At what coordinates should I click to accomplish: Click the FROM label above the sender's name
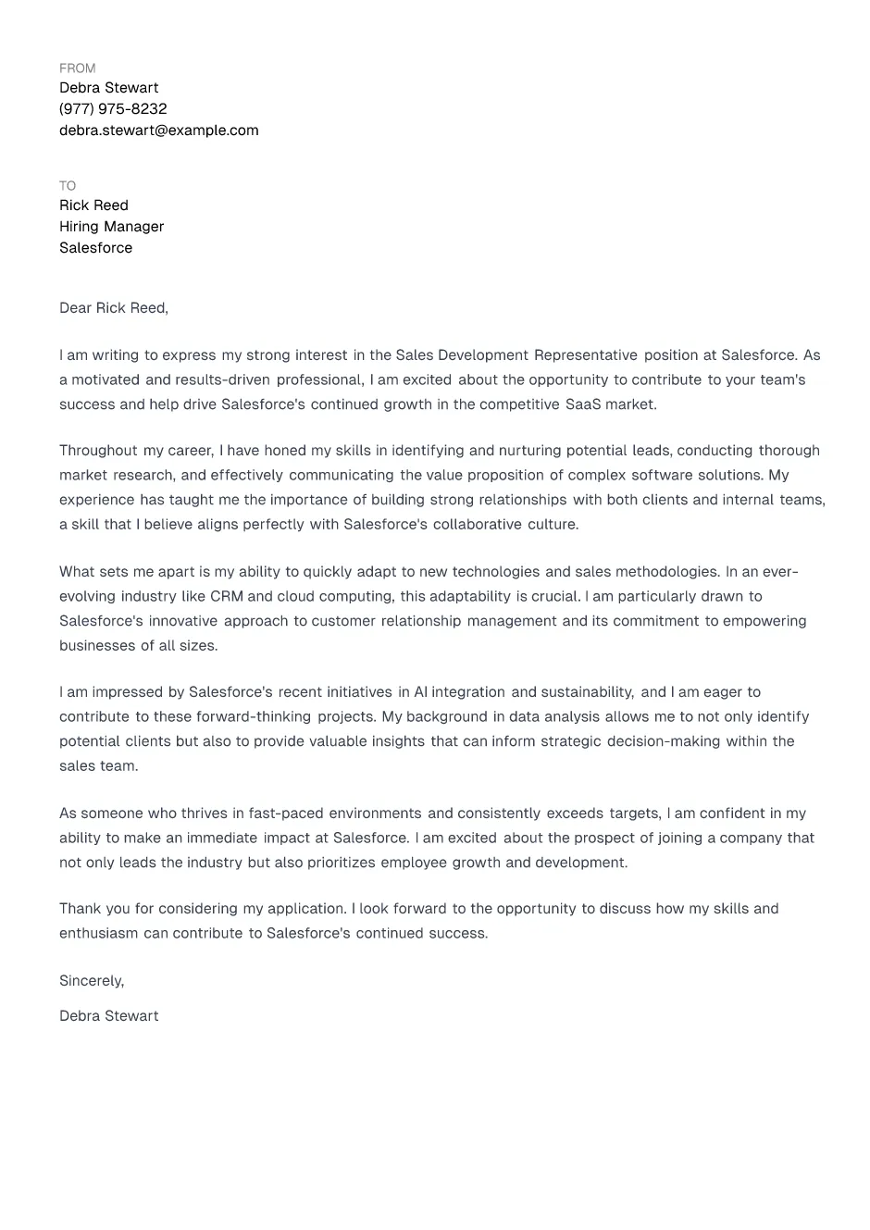77,68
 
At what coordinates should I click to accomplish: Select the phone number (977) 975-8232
113,109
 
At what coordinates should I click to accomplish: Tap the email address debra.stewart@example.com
158,130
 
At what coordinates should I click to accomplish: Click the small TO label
68,186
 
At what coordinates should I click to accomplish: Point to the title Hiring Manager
111,227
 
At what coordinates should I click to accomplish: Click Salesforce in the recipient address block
95,248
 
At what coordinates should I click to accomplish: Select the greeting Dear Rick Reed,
113,308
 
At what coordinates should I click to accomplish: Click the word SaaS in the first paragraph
583,404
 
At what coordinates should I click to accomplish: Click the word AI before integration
420,692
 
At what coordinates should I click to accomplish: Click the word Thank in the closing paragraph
79,909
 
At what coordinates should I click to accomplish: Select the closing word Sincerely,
92,981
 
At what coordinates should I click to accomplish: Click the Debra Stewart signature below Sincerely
108,1016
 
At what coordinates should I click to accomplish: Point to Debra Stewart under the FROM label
108,88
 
